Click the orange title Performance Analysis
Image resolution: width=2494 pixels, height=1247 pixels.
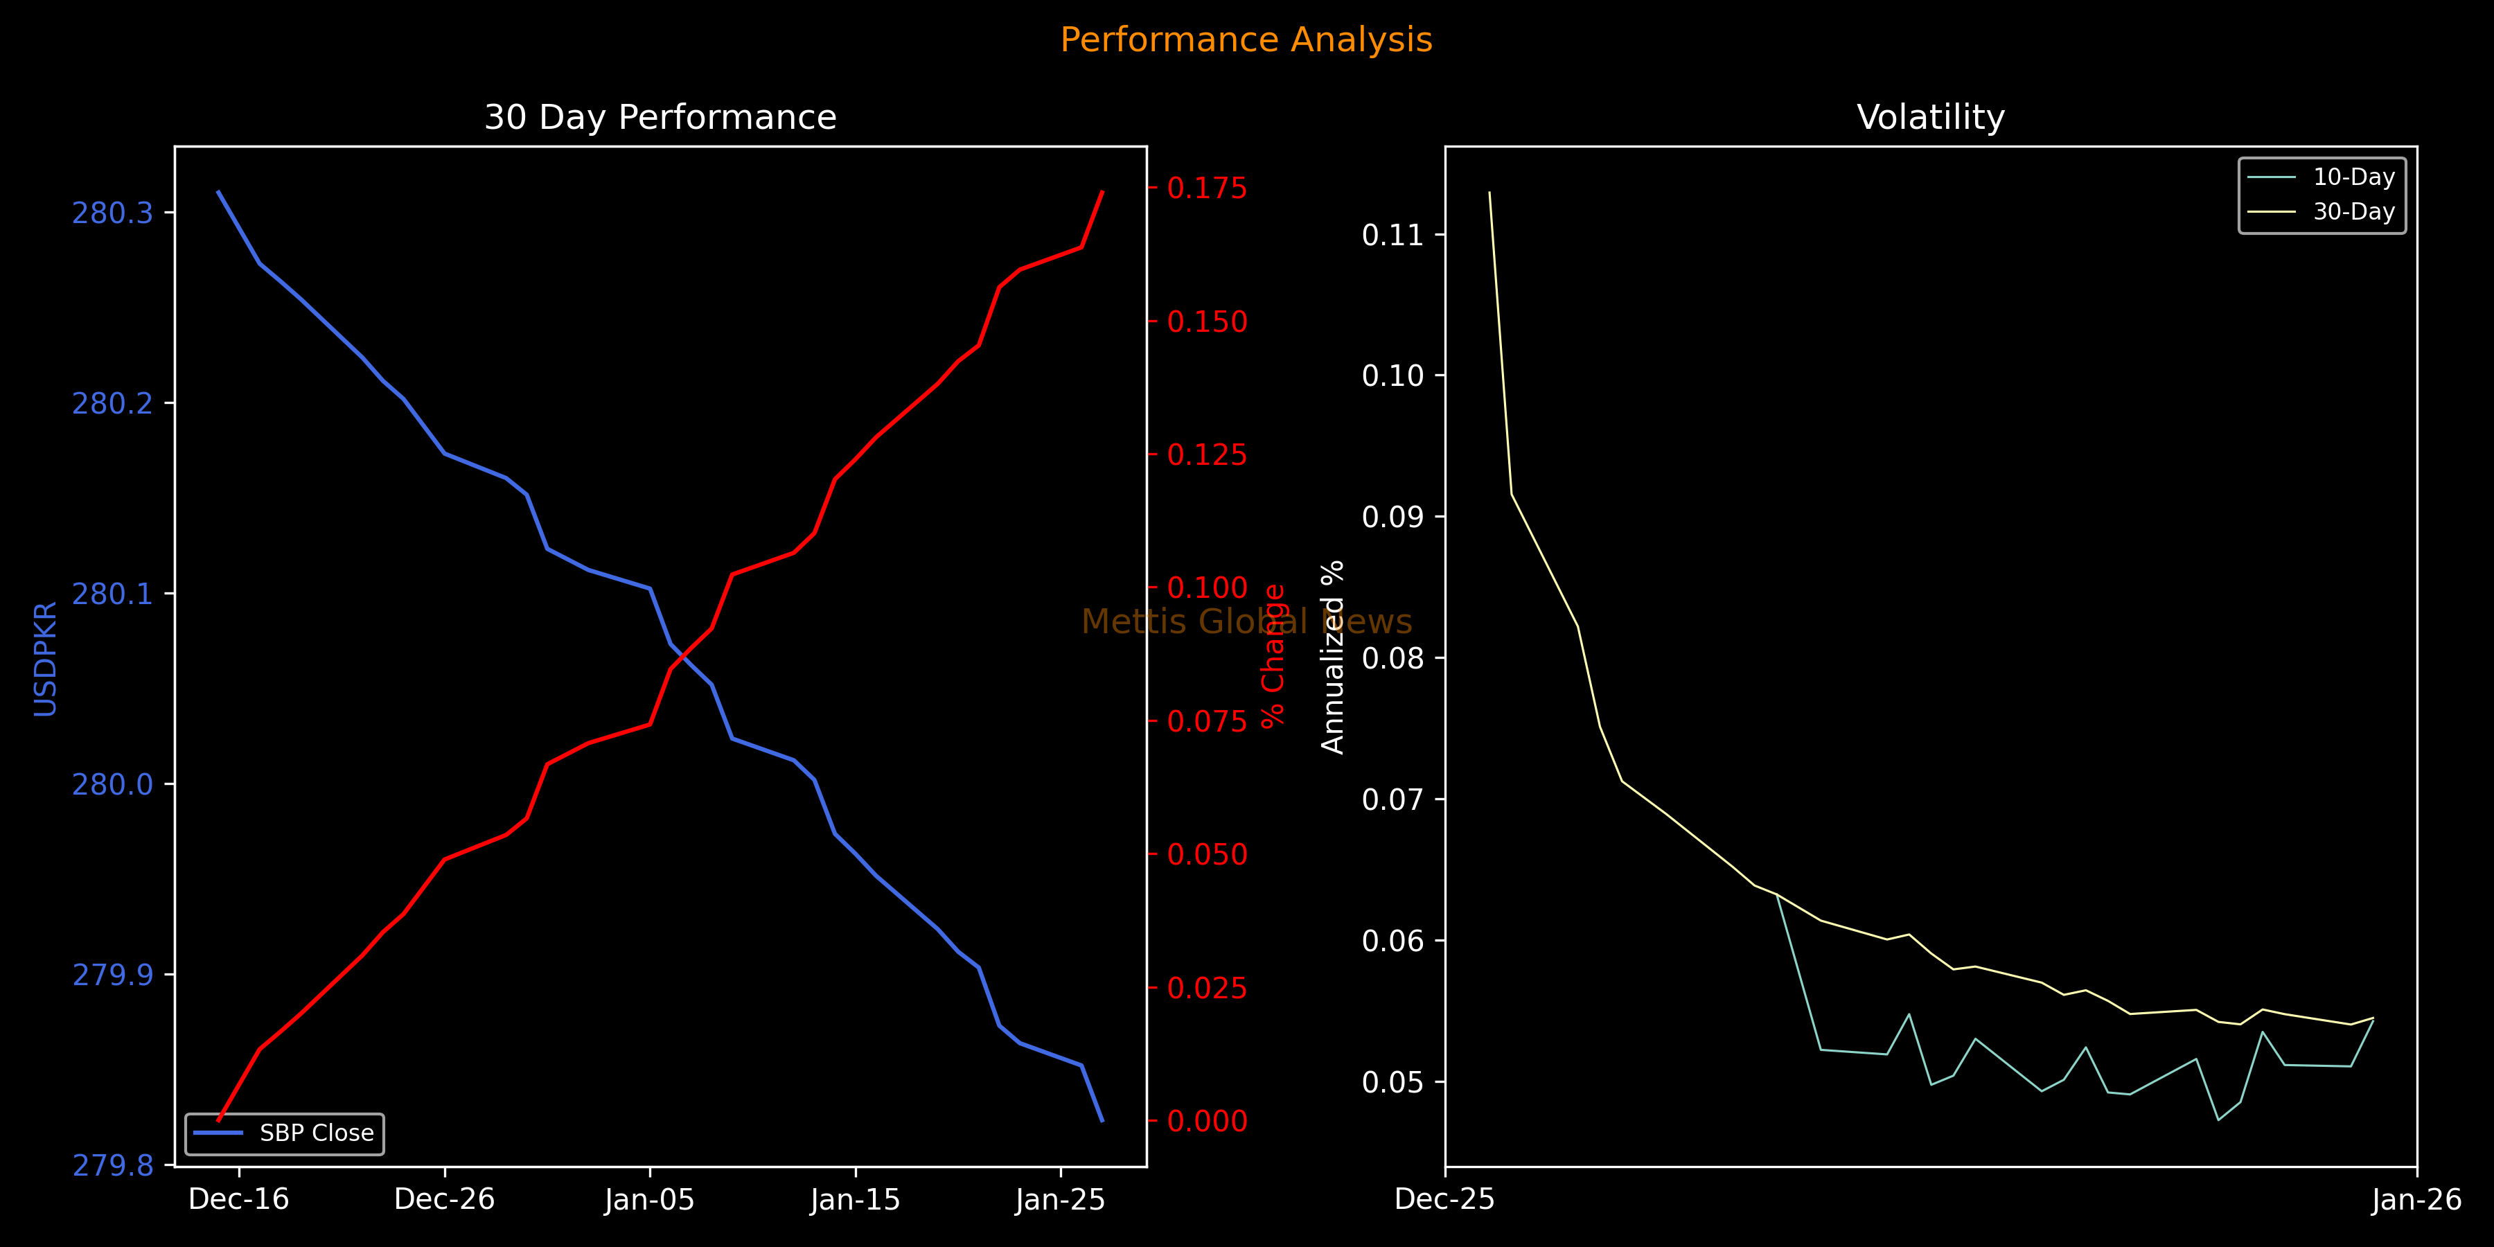click(1246, 39)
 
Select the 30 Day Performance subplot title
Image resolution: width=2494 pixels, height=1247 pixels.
click(660, 117)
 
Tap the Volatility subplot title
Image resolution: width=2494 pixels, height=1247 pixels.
click(1931, 117)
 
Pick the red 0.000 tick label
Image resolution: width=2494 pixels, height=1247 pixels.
click(1208, 1121)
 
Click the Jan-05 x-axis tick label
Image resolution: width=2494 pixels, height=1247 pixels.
click(650, 1200)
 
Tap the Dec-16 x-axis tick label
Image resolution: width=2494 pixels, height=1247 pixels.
click(239, 1200)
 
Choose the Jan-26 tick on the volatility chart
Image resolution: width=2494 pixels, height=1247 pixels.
click(2416, 1200)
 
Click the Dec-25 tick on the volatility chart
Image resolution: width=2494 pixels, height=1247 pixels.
click(1444, 1200)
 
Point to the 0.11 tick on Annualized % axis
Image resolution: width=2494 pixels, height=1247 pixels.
click(1393, 236)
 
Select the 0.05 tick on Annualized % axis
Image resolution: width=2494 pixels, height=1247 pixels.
click(1393, 1081)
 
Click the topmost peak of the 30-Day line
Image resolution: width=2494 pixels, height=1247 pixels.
click(1489, 192)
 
